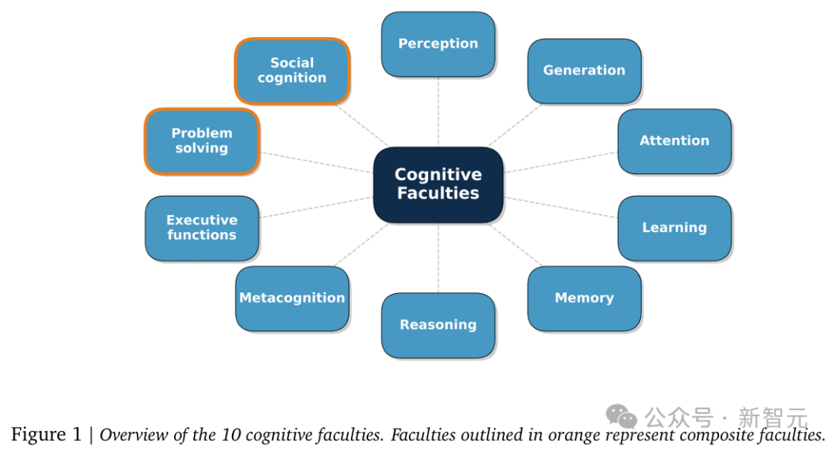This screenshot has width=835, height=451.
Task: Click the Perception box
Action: pyautogui.click(x=438, y=44)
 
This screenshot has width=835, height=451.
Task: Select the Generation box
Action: pyautogui.click(x=584, y=70)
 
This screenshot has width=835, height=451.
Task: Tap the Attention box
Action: pyautogui.click(x=674, y=141)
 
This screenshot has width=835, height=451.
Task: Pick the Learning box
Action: pyautogui.click(x=674, y=227)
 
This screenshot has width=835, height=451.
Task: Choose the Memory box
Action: pyautogui.click(x=584, y=298)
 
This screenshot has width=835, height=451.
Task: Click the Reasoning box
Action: pyautogui.click(x=438, y=325)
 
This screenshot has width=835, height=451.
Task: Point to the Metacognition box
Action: pyautogui.click(x=291, y=298)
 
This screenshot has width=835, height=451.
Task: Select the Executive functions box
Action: pyautogui.click(x=202, y=227)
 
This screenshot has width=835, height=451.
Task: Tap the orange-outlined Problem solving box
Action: pyautogui.click(x=202, y=141)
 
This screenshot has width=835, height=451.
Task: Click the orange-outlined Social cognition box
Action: pyautogui.click(x=291, y=70)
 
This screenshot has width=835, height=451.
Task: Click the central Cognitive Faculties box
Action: pyautogui.click(x=438, y=184)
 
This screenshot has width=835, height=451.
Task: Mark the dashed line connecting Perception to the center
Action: pyautogui.click(x=438, y=112)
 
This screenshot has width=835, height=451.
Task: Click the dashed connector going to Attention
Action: pyautogui.click(x=561, y=162)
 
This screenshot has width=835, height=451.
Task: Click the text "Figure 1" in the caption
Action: pyautogui.click(x=46, y=435)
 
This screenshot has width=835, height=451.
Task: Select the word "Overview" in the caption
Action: pyautogui.click(x=134, y=435)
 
